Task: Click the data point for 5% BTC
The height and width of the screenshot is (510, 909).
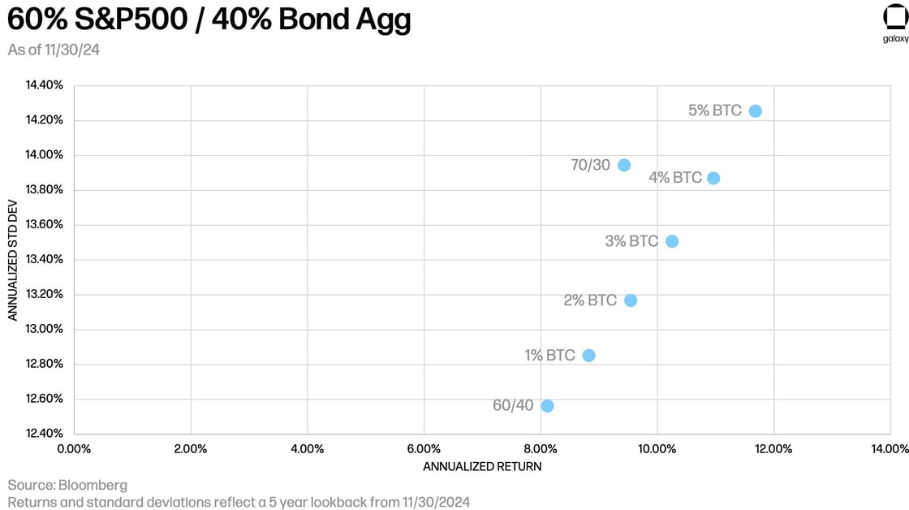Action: pos(755,110)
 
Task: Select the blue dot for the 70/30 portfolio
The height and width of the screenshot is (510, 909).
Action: pos(623,165)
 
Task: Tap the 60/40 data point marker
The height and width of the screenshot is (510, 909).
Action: pos(547,405)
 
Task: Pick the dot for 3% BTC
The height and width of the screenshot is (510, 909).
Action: pos(671,241)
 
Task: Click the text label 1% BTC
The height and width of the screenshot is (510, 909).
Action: pos(549,355)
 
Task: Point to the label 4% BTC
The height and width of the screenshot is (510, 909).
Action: pos(675,177)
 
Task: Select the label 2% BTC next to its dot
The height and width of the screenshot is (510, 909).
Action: pos(590,300)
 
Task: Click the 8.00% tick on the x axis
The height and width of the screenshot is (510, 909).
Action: pos(541,448)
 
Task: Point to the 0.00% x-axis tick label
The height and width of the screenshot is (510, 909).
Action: pos(74,448)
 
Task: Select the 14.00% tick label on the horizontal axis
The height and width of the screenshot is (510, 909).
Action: pos(890,448)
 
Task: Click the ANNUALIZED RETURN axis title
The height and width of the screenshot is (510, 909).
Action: pos(482,466)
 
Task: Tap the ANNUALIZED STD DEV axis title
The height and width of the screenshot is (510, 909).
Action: pos(13,260)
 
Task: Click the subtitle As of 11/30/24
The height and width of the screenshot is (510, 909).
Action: pos(54,50)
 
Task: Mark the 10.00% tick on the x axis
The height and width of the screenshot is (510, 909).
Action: pos(657,448)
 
